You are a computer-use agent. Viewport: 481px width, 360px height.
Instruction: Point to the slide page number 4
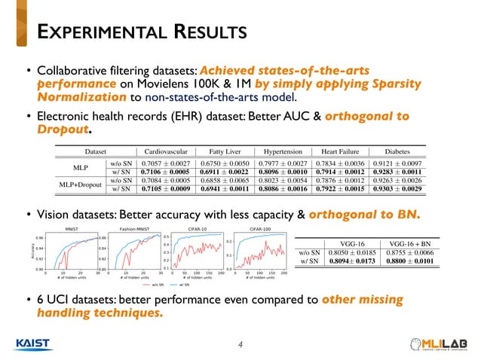click(240, 345)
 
